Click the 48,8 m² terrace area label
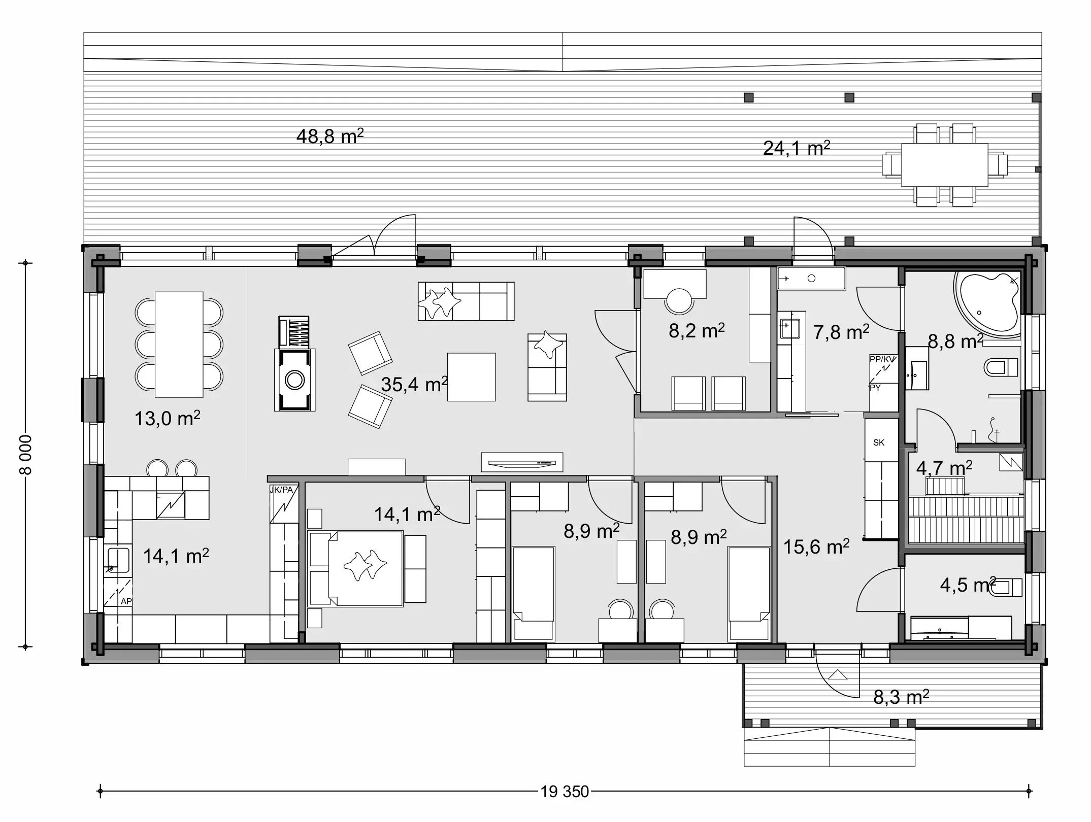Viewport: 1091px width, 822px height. [x=329, y=136]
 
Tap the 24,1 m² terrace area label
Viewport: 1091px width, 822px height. [x=796, y=148]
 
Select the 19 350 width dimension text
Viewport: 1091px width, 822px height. [x=565, y=791]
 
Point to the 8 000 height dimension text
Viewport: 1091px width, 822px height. [x=25, y=455]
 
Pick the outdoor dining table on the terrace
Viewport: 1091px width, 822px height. [x=944, y=165]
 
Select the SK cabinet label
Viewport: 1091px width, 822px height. [x=879, y=442]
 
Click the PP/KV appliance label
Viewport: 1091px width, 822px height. [x=883, y=359]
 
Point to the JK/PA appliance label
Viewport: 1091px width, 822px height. [x=282, y=490]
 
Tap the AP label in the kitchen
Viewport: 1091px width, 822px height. [x=126, y=601]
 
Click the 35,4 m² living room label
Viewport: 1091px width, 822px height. [x=414, y=384]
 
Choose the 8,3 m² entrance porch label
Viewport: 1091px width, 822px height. [x=901, y=697]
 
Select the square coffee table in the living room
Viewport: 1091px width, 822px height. [x=471, y=377]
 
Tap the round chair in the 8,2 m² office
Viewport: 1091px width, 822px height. [x=679, y=301]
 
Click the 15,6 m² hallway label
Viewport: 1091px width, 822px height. [x=816, y=547]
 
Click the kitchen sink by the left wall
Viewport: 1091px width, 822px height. [x=118, y=560]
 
